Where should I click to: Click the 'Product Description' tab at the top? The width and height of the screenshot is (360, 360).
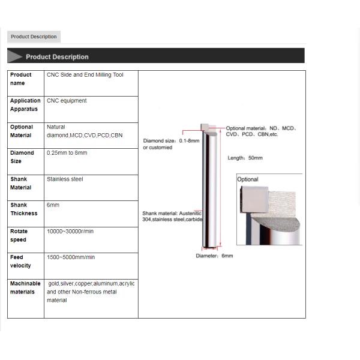34,37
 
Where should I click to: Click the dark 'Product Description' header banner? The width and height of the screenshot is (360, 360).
57,57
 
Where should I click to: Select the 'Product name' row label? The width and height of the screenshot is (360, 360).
21,79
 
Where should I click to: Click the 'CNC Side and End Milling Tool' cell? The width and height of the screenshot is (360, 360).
85,75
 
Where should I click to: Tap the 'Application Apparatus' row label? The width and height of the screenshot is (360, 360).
25,105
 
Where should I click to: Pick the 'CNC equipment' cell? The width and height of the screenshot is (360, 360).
67,101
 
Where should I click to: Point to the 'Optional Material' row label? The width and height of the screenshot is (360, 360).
22,131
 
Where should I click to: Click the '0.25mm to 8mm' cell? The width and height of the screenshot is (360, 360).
67,153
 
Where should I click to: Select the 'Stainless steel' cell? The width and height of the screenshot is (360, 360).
65,179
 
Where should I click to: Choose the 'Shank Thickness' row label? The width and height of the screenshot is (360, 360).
23,209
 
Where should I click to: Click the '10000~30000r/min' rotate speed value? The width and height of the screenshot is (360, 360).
70,231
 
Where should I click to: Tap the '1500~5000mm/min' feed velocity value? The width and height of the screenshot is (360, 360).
71,257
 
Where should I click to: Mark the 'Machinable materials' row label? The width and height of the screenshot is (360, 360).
25,287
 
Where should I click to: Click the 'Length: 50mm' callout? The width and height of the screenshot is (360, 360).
245,158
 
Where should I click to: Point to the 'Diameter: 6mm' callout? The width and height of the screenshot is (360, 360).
214,256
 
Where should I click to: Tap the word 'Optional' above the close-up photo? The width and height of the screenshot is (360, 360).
248,179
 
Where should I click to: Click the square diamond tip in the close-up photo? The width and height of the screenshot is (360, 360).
253,200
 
